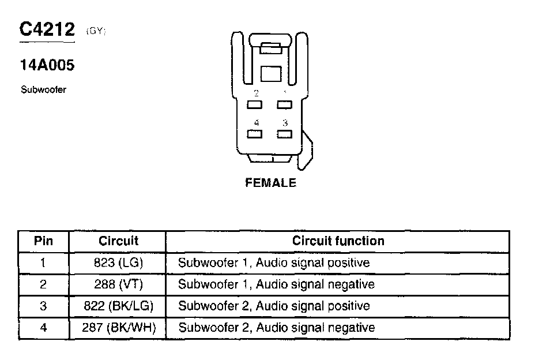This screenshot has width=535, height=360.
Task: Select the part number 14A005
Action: point(47,65)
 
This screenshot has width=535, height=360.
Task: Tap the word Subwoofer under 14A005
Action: point(43,90)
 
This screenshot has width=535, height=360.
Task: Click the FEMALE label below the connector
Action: point(270,183)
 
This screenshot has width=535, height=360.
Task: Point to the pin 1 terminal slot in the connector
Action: point(284,104)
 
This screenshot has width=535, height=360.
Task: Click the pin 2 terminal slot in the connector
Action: point(255,104)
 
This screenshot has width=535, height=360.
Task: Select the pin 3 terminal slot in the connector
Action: point(284,134)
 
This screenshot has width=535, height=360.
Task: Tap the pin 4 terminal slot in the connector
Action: point(255,134)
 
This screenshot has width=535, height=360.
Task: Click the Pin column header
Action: point(43,241)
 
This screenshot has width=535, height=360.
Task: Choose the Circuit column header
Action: point(119,241)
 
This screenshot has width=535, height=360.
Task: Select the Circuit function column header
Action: point(338,241)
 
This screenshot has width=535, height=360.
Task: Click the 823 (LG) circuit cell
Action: point(119,263)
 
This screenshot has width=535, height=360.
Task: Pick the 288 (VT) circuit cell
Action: point(119,284)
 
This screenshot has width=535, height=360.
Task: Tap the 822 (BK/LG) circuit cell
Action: point(119,306)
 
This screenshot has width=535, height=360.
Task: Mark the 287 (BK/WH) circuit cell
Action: point(119,328)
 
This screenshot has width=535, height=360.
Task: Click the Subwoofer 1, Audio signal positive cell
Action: point(274,263)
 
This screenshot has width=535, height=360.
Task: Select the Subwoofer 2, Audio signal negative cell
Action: point(277,328)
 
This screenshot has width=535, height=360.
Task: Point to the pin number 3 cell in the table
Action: point(43,306)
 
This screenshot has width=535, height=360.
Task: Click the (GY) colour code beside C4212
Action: point(95,31)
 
